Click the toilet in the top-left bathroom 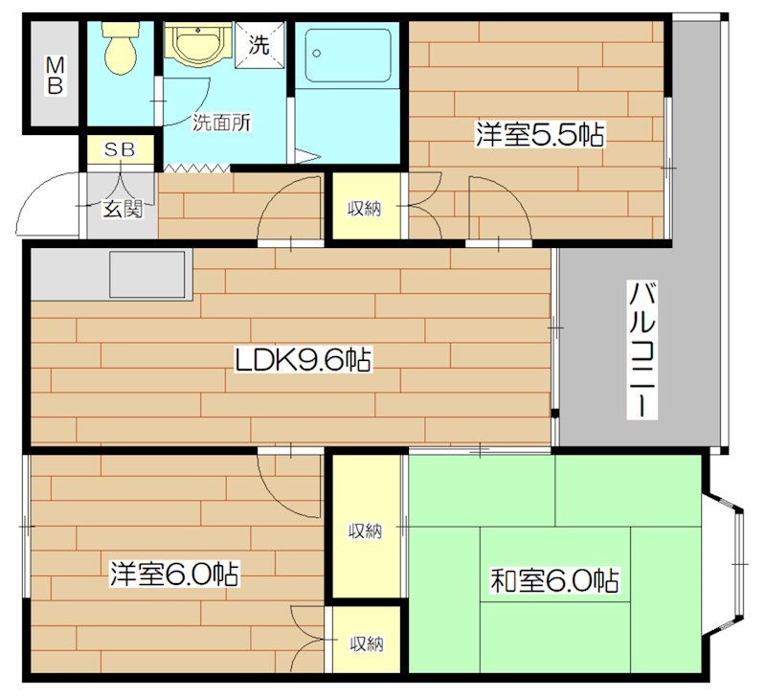click(x=121, y=48)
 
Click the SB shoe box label click(x=121, y=149)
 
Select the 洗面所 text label click(x=221, y=122)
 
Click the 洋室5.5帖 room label click(x=538, y=135)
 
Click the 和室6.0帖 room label click(x=554, y=580)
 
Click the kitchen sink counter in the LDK click(x=147, y=275)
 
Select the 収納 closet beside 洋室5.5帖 click(x=365, y=207)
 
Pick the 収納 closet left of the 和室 click(x=365, y=530)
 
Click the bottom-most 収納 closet click(x=365, y=643)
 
